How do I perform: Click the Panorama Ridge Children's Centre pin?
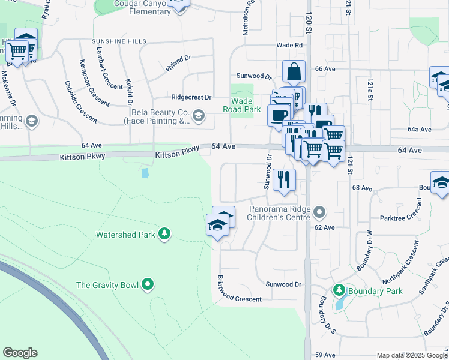320,211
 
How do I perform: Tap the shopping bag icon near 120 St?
294,71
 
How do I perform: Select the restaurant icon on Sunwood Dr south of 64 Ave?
284,179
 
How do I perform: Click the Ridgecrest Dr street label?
191,97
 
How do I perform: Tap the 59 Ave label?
324,355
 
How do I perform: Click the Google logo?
20,353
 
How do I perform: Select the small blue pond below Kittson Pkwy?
145,173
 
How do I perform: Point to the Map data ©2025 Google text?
412,355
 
